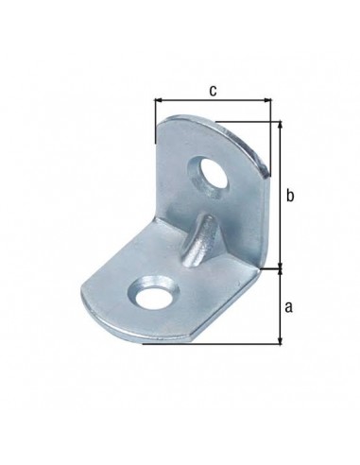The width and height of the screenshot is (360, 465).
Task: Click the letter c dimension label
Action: pos(214,91)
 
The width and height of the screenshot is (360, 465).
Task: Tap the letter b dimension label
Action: pos(290,196)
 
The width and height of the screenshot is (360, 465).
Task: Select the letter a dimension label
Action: pos(288,307)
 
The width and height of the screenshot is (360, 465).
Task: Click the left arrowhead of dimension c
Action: pos(158,100)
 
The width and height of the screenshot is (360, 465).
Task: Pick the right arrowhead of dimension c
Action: pos(267,100)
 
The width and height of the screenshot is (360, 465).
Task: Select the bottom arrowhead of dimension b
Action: pos(280,266)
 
